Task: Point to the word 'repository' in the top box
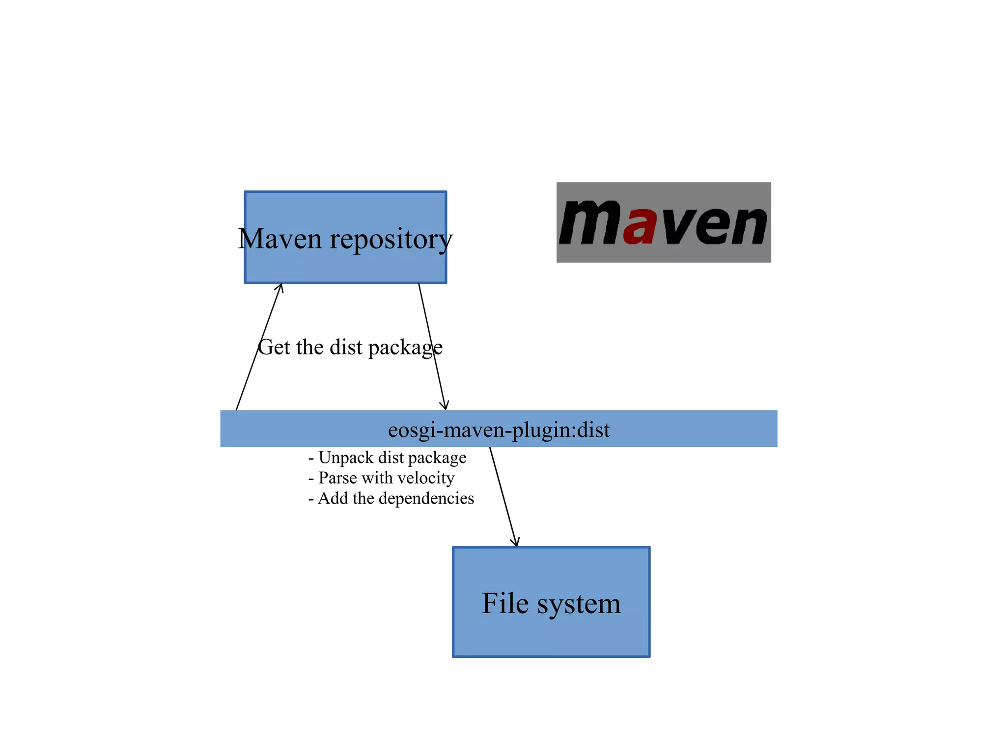click(x=391, y=240)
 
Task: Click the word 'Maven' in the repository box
click(x=280, y=239)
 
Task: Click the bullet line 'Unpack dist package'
click(x=388, y=458)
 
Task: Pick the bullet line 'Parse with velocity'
click(x=382, y=478)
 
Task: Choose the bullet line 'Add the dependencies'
click(x=391, y=498)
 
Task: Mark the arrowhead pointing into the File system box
click(x=515, y=542)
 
